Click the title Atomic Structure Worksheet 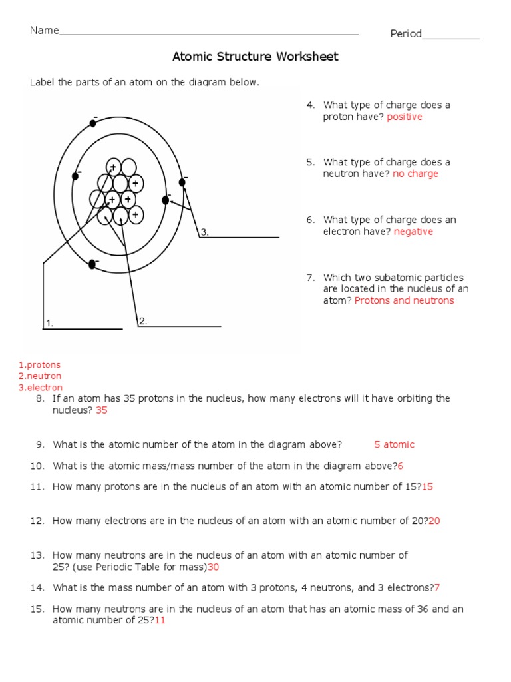pos(255,57)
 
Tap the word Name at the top pos(44,31)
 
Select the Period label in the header pos(406,34)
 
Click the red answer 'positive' pos(405,117)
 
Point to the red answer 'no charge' pos(415,174)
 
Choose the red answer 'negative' pos(413,232)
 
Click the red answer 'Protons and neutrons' pos(404,300)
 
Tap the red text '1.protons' pos(39,365)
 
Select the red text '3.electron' pos(41,387)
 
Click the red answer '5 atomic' pos(394,444)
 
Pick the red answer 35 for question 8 pos(101,410)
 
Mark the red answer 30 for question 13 pos(213,567)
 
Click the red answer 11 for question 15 pos(160,620)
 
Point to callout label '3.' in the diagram pos(205,232)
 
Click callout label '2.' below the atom pos(142,321)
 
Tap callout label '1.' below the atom pos(49,324)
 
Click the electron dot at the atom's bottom pos(92,264)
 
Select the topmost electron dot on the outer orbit pos(92,123)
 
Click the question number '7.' pos(310,278)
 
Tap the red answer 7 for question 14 pos(436,587)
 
